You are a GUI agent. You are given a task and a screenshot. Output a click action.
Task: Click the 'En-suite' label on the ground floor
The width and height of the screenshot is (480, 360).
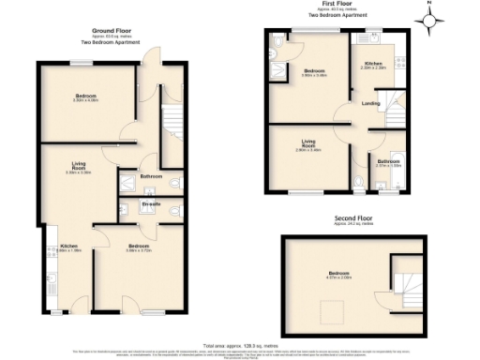[x=151, y=203]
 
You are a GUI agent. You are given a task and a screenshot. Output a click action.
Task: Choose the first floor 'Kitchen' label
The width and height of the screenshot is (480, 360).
[x=374, y=63]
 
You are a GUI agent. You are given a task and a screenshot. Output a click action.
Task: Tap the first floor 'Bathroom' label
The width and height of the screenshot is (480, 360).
[x=388, y=160]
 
